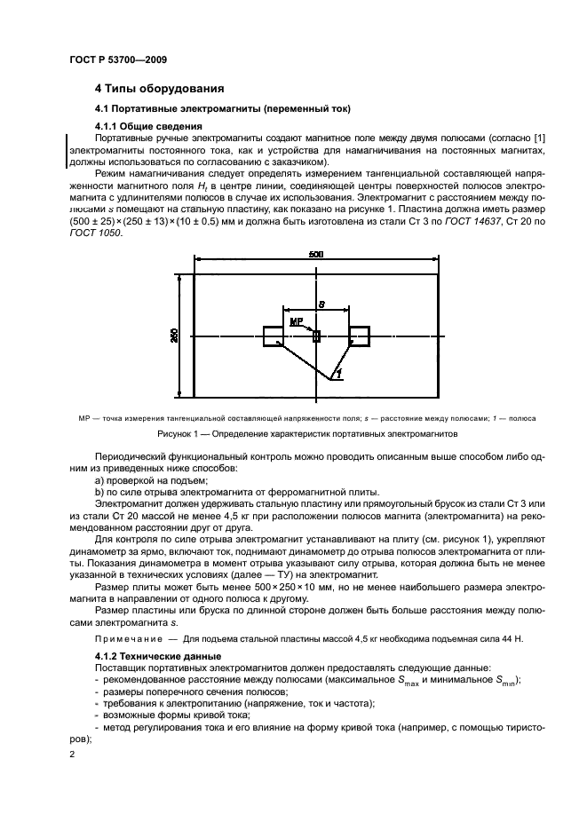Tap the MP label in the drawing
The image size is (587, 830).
pyautogui.click(x=297, y=322)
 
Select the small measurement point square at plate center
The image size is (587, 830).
pyautogui.click(x=316, y=335)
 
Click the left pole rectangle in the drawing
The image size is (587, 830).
pyautogui.click(x=274, y=336)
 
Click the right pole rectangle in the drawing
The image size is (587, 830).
pyautogui.click(x=359, y=336)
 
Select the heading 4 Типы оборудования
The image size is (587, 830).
pyautogui.click(x=159, y=89)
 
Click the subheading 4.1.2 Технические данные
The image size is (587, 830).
pyautogui.click(x=147, y=656)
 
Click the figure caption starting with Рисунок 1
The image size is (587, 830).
pyautogui.click(x=306, y=435)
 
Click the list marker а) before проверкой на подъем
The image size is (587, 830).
pyautogui.click(x=99, y=480)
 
